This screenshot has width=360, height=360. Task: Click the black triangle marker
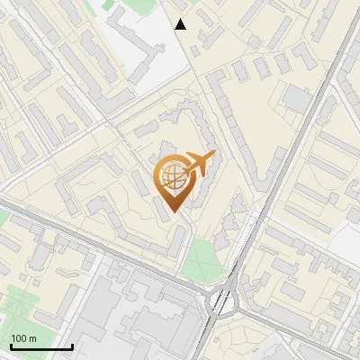(181, 24)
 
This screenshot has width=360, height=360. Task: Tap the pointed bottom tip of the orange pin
(173, 212)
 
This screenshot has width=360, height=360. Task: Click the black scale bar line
(41, 347)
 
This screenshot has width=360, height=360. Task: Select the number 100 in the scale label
(19, 338)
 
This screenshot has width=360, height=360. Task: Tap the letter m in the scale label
(32, 338)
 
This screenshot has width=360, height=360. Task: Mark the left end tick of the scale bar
(11, 346)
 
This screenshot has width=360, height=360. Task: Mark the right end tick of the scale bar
(72, 346)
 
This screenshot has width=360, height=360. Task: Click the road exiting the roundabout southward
(216, 342)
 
